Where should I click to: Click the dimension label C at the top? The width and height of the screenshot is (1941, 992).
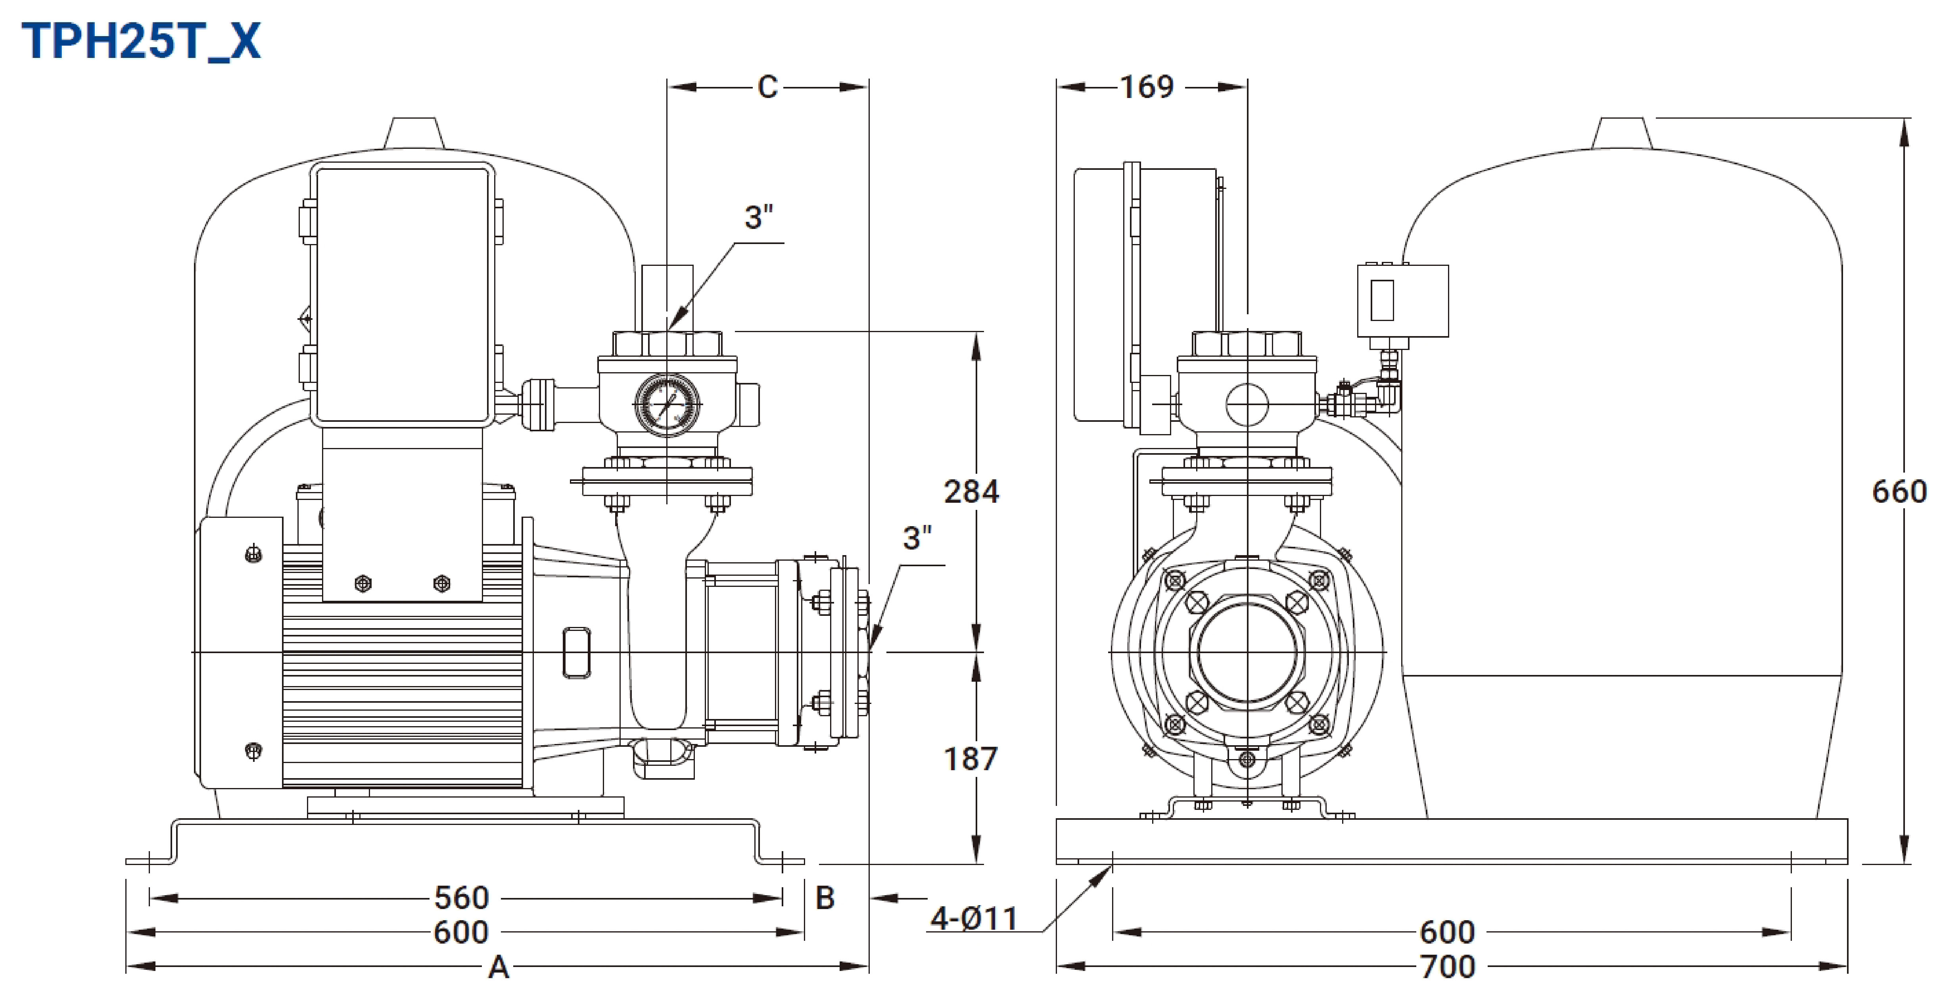tap(767, 87)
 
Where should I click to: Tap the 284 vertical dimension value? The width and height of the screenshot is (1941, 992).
tap(971, 492)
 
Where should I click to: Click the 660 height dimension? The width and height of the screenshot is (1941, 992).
tap(1899, 492)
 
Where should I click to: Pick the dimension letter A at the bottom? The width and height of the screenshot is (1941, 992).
tap(499, 967)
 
